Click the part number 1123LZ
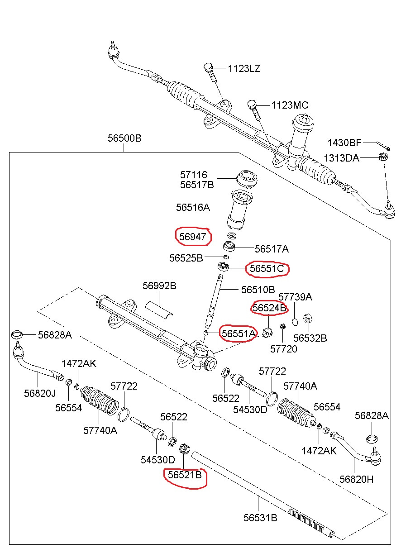point(244,69)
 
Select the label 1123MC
point(290,105)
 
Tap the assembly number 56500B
point(124,138)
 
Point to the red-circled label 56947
point(193,236)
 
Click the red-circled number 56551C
point(267,269)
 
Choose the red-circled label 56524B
point(269,308)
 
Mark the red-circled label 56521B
point(185,475)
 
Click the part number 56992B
point(159,286)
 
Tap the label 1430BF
point(344,143)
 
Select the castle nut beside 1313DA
point(382,157)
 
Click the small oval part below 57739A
point(295,322)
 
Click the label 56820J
point(40,394)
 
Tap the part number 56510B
point(258,289)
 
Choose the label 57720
point(284,349)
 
